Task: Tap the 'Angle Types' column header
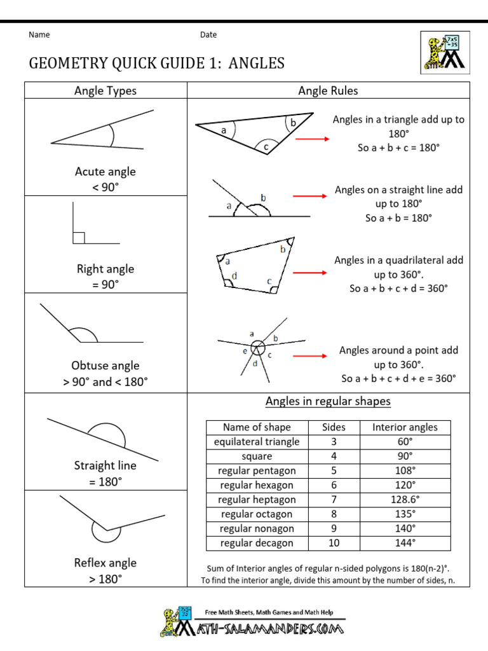point(105,91)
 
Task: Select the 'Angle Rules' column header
point(328,91)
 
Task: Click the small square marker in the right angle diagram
point(79,238)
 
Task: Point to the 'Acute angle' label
point(105,172)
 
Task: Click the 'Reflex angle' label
point(105,563)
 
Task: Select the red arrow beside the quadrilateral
point(311,273)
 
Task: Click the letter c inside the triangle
point(266,147)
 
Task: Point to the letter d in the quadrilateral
point(234,275)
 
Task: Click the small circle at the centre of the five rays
point(257,348)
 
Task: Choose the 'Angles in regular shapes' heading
point(328,401)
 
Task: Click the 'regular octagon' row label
point(257,514)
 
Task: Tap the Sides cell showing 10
point(334,543)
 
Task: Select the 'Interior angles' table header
point(405,427)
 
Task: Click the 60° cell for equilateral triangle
point(405,442)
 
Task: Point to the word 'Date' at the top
point(208,35)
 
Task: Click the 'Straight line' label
point(105,465)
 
